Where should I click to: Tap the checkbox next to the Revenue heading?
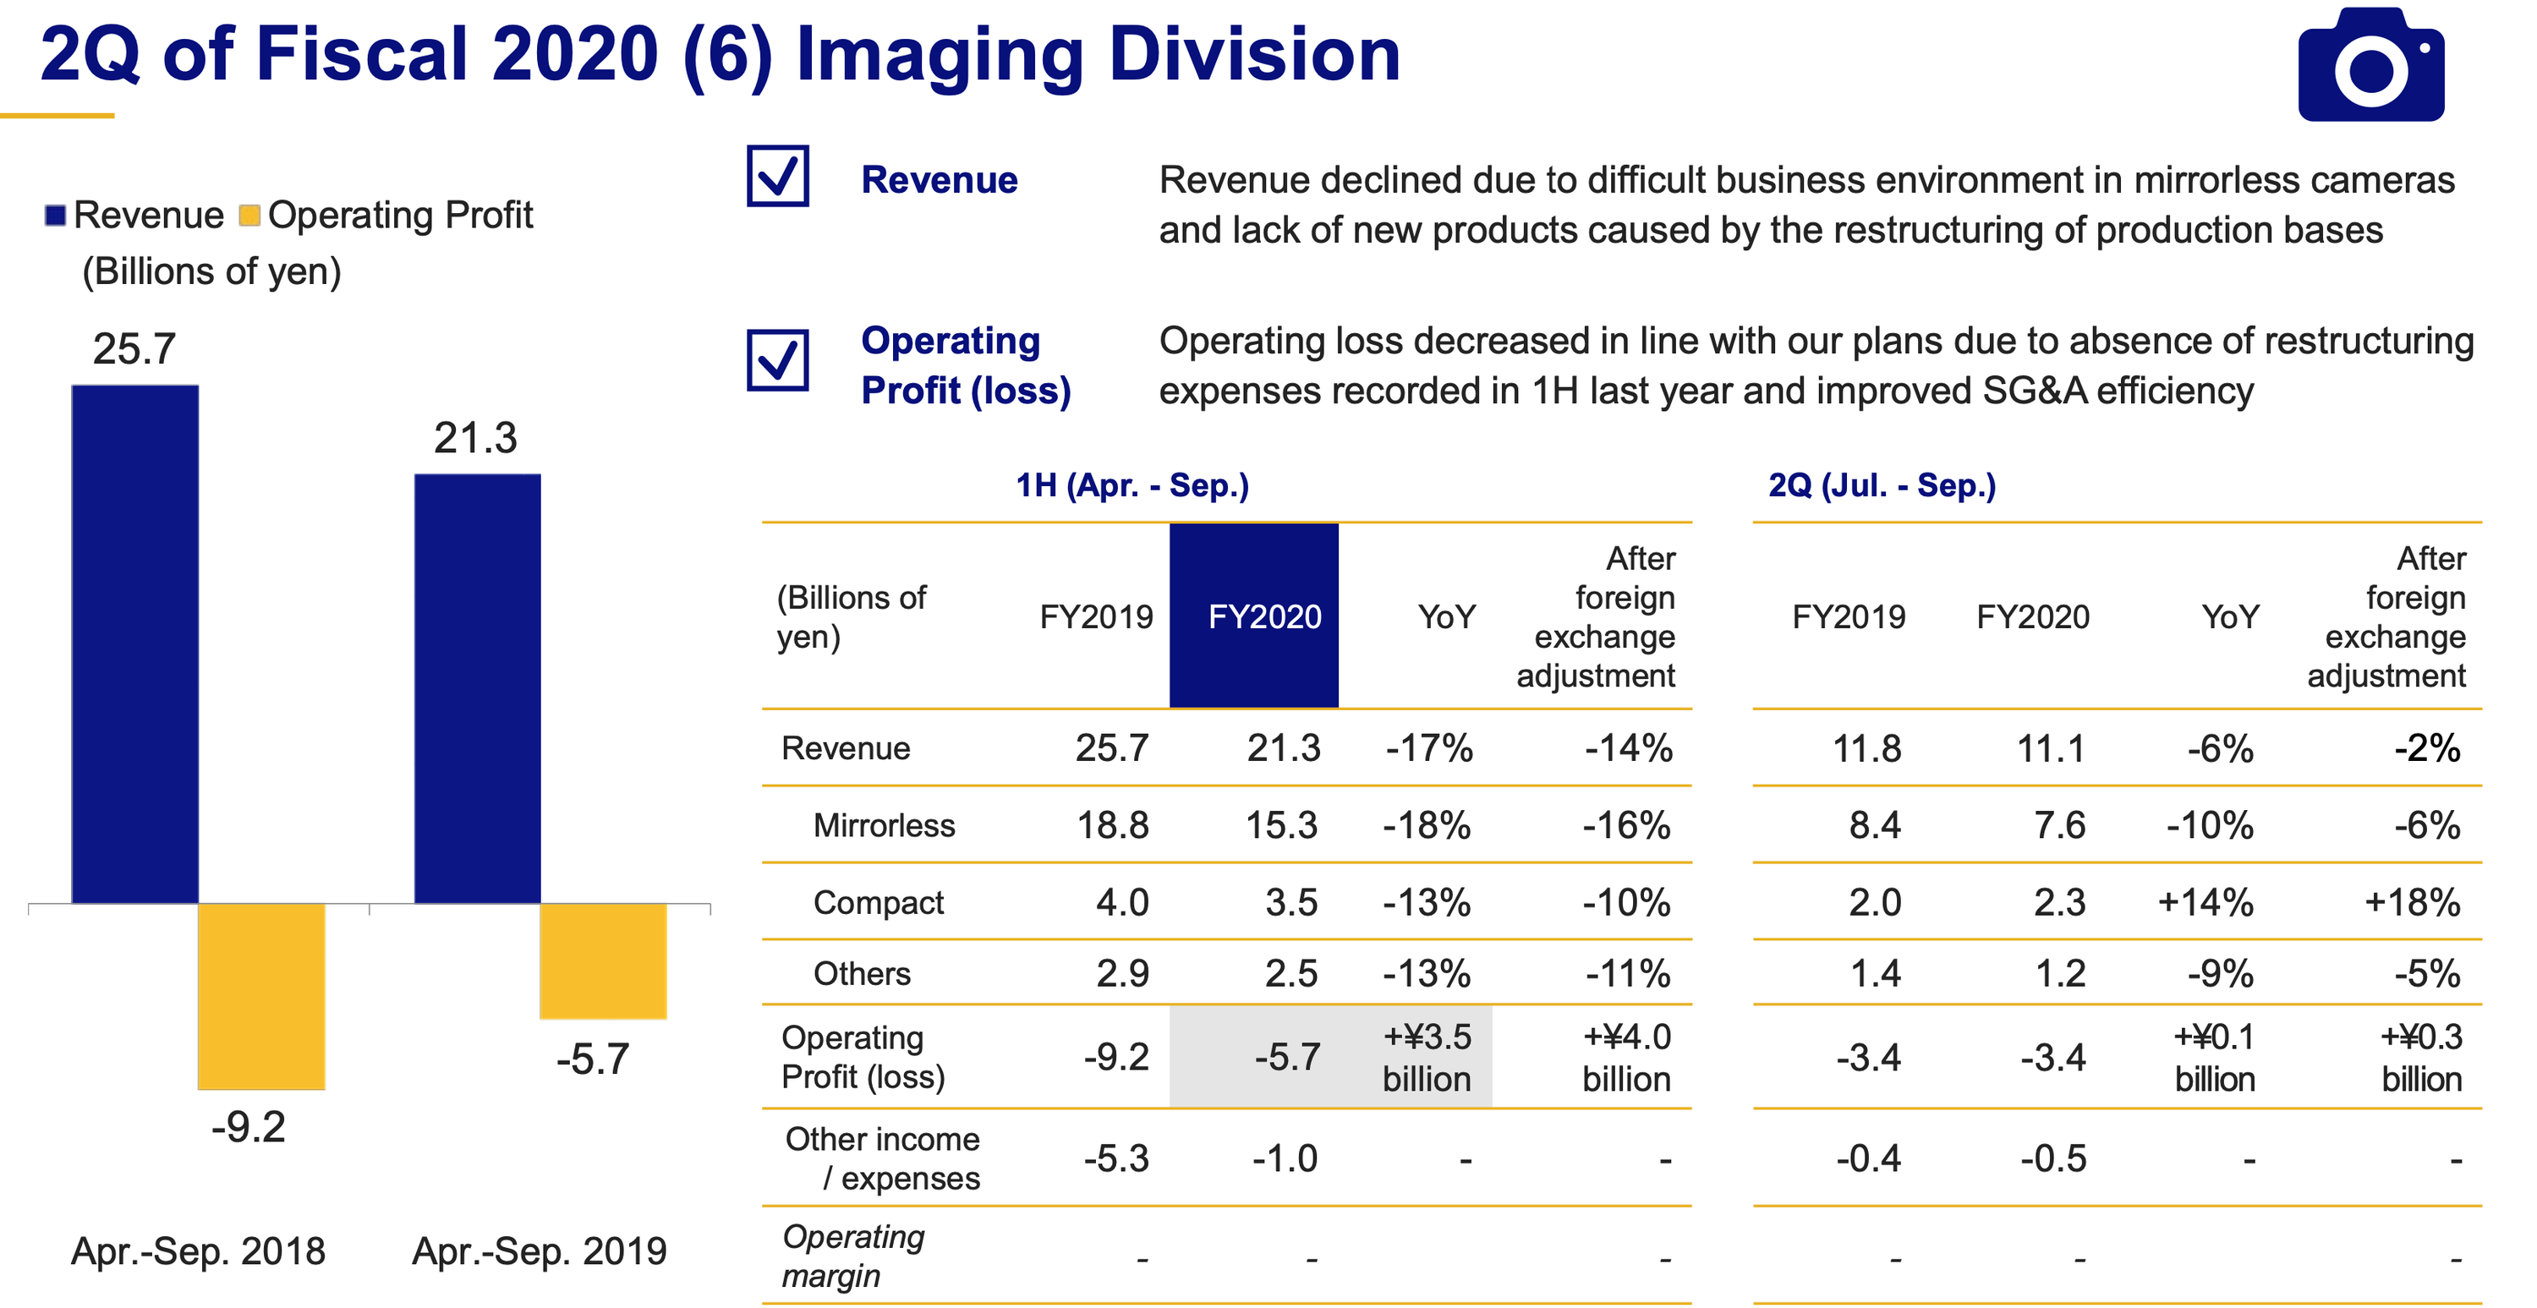point(777,177)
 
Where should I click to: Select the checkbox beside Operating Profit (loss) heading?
point(777,359)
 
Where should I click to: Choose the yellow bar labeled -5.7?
point(603,960)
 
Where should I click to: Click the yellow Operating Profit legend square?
point(249,215)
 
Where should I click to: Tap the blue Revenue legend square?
point(55,215)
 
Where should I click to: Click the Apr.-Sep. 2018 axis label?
point(198,1251)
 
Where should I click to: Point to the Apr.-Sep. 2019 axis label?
point(539,1251)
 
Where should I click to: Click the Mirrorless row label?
point(884,825)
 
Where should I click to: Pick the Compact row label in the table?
point(878,902)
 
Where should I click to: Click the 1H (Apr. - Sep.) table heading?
point(1132,485)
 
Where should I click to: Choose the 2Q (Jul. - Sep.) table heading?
point(1881,485)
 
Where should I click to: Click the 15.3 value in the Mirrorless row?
point(1280,825)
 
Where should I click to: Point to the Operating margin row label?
point(853,1256)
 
